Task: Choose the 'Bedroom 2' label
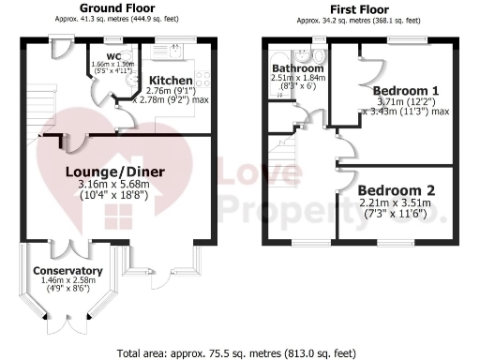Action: (397, 189)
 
